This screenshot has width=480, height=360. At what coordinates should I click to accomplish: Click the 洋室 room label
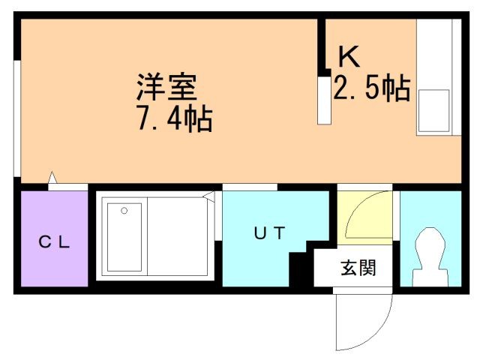[x=166, y=88]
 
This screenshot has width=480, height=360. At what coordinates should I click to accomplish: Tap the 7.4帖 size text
[x=173, y=118]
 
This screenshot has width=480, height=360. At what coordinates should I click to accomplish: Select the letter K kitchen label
[x=349, y=56]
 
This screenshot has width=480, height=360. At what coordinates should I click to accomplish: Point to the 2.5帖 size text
[x=370, y=90]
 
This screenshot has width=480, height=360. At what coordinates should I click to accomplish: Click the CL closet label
[x=54, y=241]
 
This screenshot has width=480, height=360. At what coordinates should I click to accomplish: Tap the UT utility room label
[x=269, y=233]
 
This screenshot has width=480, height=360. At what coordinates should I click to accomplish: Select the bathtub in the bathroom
[x=124, y=236]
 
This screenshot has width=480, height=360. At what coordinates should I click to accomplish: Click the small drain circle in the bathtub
[x=124, y=211]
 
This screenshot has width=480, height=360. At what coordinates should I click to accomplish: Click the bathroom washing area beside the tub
[x=177, y=236]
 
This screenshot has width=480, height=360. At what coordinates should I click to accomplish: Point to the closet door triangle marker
[x=52, y=179]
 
